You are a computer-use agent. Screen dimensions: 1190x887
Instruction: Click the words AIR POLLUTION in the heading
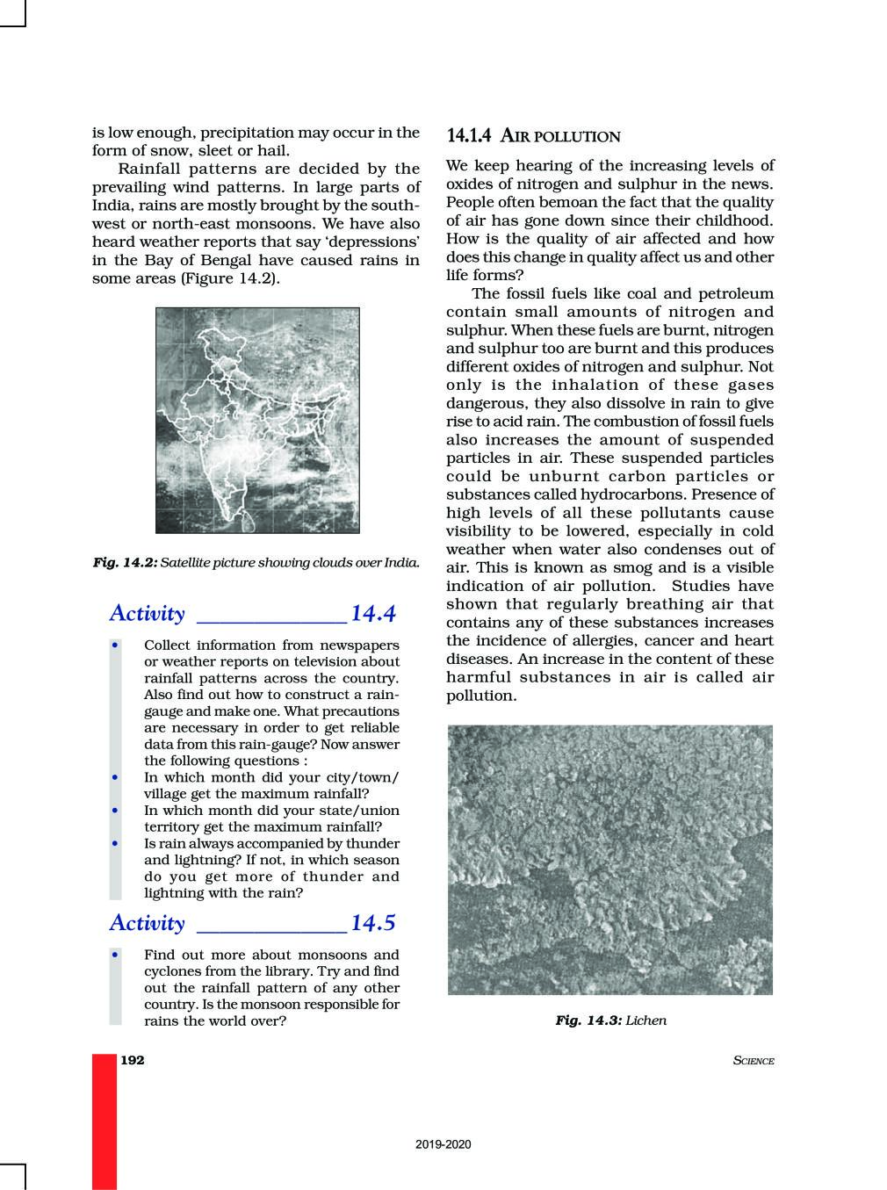click(x=560, y=136)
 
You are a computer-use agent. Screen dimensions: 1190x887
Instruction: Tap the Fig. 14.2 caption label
click(x=125, y=562)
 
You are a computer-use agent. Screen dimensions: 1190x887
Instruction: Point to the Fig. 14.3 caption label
click(x=588, y=1021)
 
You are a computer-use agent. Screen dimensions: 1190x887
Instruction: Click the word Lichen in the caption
click(x=646, y=1021)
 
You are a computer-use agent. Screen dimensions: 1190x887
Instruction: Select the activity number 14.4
click(x=373, y=613)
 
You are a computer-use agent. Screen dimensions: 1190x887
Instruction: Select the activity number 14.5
click(x=373, y=922)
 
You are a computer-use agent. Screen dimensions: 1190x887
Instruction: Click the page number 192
click(x=132, y=1060)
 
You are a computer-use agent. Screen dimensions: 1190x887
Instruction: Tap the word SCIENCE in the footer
click(x=753, y=1061)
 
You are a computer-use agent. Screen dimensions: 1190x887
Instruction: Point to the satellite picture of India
click(x=257, y=420)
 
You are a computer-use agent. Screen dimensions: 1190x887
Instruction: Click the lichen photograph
click(x=609, y=859)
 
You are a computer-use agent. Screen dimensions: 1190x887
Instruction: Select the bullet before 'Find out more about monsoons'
click(x=115, y=955)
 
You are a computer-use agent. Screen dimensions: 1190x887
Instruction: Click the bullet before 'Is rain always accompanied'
click(x=115, y=843)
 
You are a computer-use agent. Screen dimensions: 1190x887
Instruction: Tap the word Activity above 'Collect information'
click(x=147, y=613)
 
